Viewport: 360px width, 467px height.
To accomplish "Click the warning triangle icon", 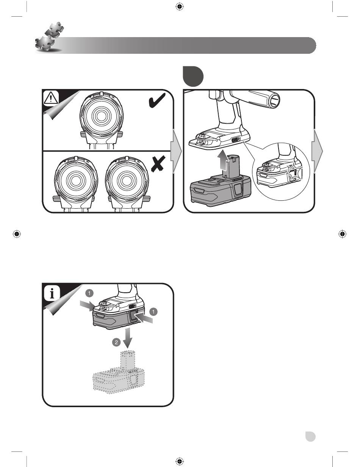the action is coord(51,98).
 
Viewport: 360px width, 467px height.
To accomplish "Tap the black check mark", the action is coord(157,100).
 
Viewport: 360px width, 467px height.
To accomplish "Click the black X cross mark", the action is coord(158,164).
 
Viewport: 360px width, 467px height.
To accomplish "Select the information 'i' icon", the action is coord(52,294).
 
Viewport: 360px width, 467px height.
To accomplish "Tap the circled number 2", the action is coord(116,342).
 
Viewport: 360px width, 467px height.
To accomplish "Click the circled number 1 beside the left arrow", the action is coord(89,293).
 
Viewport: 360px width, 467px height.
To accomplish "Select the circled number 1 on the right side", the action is coord(153,312).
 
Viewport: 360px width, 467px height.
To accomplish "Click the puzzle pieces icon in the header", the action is coord(49,37).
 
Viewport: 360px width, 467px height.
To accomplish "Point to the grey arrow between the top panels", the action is coord(176,151).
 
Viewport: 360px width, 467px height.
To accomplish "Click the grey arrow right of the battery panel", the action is coord(318,151).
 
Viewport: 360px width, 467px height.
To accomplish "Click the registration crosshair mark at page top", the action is coord(180,7).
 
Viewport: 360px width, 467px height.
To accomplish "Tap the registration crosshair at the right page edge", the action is coord(342,234).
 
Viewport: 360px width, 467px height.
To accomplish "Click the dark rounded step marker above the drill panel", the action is coord(193,76).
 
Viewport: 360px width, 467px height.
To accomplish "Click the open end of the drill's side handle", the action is coord(275,101).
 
